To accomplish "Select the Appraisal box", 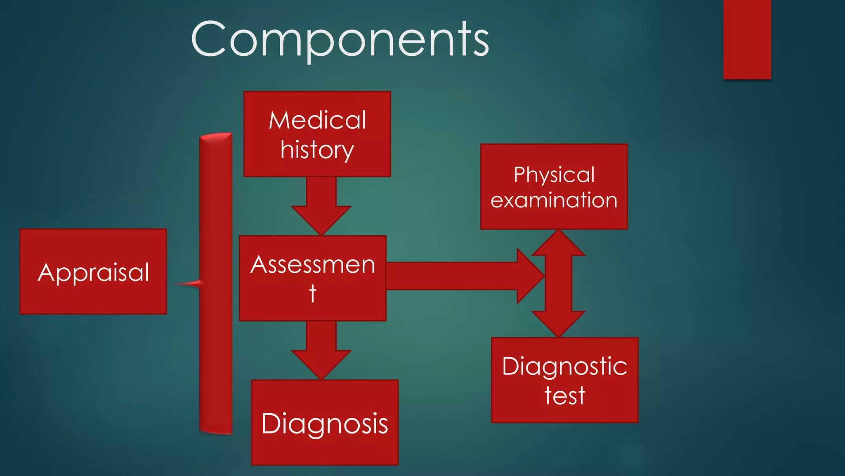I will (x=93, y=271).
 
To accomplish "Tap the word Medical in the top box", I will (x=317, y=120).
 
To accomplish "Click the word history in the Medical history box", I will (x=317, y=150).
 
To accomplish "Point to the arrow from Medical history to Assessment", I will (x=321, y=207).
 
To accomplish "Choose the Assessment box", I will (x=312, y=278).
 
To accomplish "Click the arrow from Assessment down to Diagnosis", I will (x=321, y=351).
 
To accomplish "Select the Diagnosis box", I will (x=325, y=423).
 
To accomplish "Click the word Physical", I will (x=554, y=174).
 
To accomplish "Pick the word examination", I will (x=554, y=200).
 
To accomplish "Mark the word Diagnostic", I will (x=564, y=366).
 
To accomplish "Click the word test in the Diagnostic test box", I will (x=564, y=395).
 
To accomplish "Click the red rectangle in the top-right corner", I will (x=747, y=39).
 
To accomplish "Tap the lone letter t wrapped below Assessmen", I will (x=312, y=293).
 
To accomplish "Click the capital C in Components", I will (x=208, y=39).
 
